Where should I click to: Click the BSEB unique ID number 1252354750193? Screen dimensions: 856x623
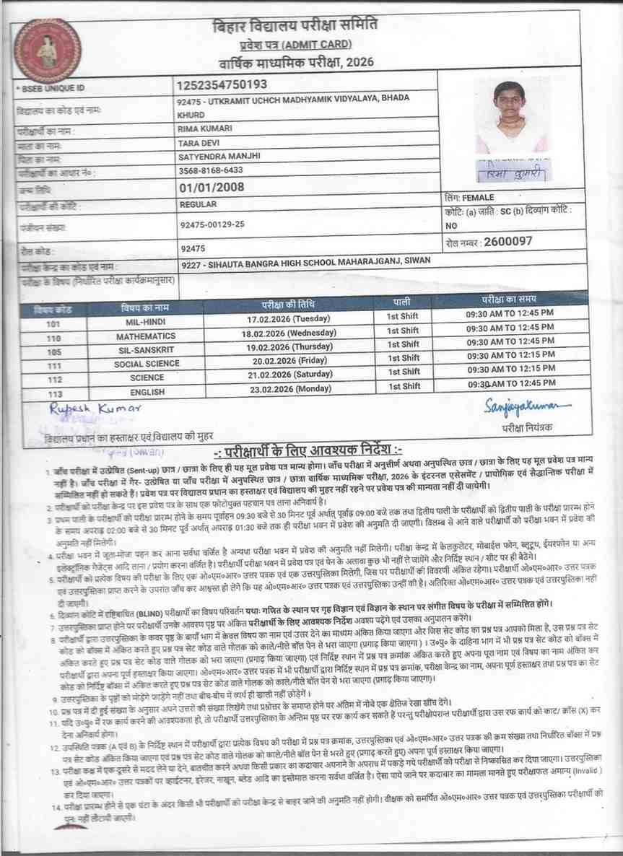[x=222, y=85]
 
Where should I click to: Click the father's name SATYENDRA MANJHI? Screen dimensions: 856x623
[x=219, y=156]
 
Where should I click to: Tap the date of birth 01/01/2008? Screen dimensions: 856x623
[x=211, y=188]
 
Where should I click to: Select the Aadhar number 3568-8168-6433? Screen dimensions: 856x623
[x=210, y=171]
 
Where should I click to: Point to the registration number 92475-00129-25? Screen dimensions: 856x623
[x=213, y=224]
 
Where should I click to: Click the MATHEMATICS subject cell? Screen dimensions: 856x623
[x=147, y=336]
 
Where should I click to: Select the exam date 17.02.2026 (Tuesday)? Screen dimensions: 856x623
[x=288, y=318]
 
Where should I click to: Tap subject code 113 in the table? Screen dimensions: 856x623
[x=55, y=394]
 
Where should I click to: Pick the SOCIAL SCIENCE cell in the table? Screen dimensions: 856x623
[x=147, y=364]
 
